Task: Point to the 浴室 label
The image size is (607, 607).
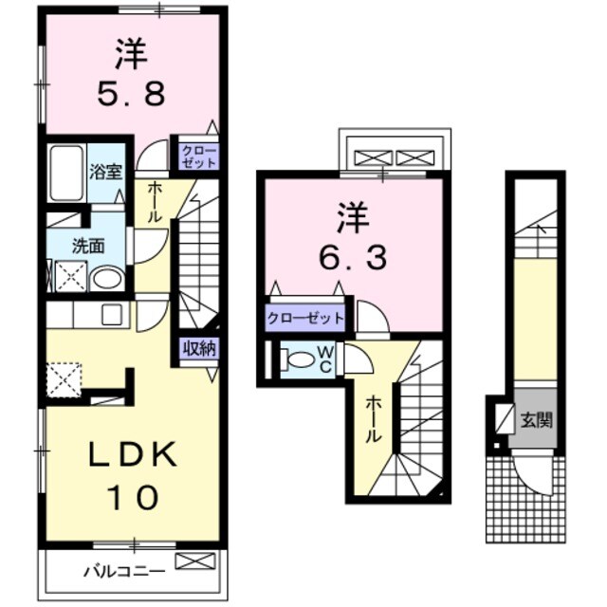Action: (104, 173)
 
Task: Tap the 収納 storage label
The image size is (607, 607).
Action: (199, 348)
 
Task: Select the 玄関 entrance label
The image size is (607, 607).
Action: (536, 418)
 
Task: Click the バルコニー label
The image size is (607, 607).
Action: (124, 571)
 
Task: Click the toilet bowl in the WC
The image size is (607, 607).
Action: (300, 359)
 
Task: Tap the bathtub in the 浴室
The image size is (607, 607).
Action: (66, 173)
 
